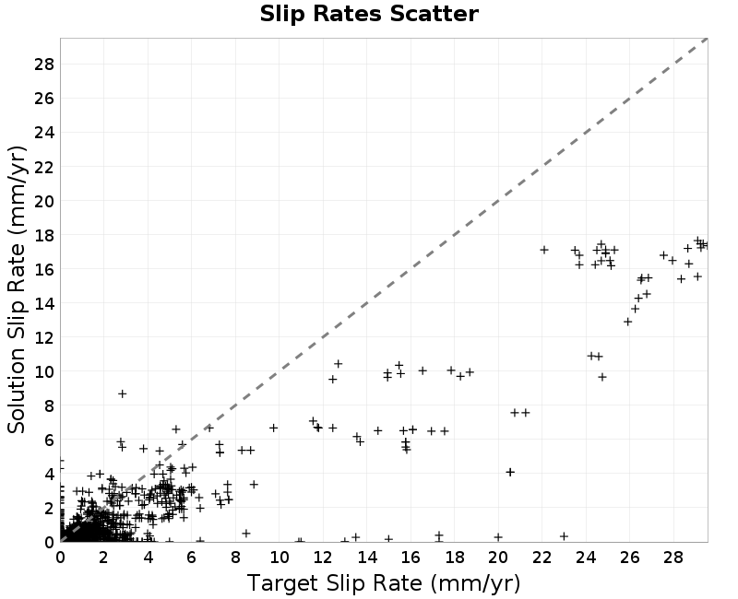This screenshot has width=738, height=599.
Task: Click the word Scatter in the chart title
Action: click(434, 14)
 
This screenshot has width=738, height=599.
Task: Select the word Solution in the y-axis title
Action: click(16, 390)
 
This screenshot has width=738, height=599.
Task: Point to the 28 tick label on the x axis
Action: click(673, 558)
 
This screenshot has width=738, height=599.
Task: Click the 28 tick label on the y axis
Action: click(44, 64)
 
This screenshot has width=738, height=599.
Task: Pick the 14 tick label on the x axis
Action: click(367, 558)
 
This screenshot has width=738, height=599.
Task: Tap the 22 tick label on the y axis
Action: click(44, 167)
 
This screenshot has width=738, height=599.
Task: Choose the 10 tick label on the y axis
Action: click(44, 371)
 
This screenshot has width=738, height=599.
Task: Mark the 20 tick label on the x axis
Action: click(498, 558)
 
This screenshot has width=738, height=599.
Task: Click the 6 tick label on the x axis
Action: click(192, 558)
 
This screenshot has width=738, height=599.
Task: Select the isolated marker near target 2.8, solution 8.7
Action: click(122, 393)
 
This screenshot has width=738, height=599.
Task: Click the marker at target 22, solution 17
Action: click(544, 250)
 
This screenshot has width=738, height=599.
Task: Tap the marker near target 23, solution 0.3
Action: click(564, 536)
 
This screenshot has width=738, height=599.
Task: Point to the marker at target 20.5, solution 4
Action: click(510, 472)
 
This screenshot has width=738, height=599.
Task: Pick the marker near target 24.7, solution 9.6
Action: click(602, 377)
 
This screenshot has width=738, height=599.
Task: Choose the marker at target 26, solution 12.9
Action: click(627, 322)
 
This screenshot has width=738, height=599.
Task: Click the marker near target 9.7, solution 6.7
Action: click(273, 428)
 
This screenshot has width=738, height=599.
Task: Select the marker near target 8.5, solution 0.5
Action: click(245, 534)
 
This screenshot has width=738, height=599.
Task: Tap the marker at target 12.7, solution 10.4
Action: click(338, 363)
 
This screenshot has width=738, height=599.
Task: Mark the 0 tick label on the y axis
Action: click(50, 542)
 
